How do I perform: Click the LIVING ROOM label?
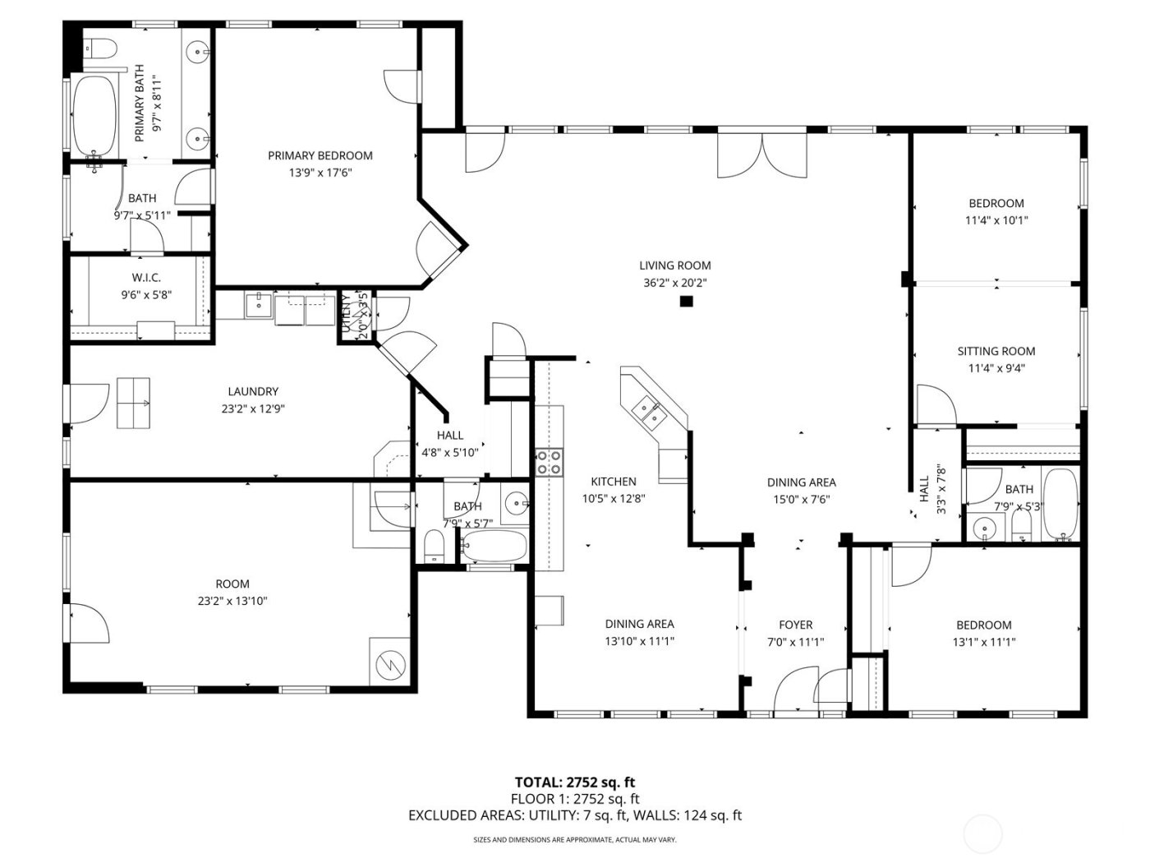(x=674, y=265)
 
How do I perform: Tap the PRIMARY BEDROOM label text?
(x=320, y=155)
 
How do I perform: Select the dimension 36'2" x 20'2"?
(x=674, y=283)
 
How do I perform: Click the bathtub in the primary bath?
(x=92, y=117)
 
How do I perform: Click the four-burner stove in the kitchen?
(x=548, y=462)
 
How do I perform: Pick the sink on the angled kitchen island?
(x=646, y=409)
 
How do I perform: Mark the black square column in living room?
(x=686, y=302)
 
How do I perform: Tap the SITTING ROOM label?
(x=996, y=351)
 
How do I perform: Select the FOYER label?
(x=795, y=625)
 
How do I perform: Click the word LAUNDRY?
(x=253, y=392)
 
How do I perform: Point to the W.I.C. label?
(x=146, y=278)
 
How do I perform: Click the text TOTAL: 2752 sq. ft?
(x=574, y=782)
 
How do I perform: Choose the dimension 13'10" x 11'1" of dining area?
(x=639, y=642)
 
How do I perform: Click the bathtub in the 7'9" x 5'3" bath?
(x=1060, y=505)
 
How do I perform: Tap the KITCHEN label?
(x=614, y=482)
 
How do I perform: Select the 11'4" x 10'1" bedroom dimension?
(x=996, y=220)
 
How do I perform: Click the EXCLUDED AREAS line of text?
(x=574, y=815)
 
